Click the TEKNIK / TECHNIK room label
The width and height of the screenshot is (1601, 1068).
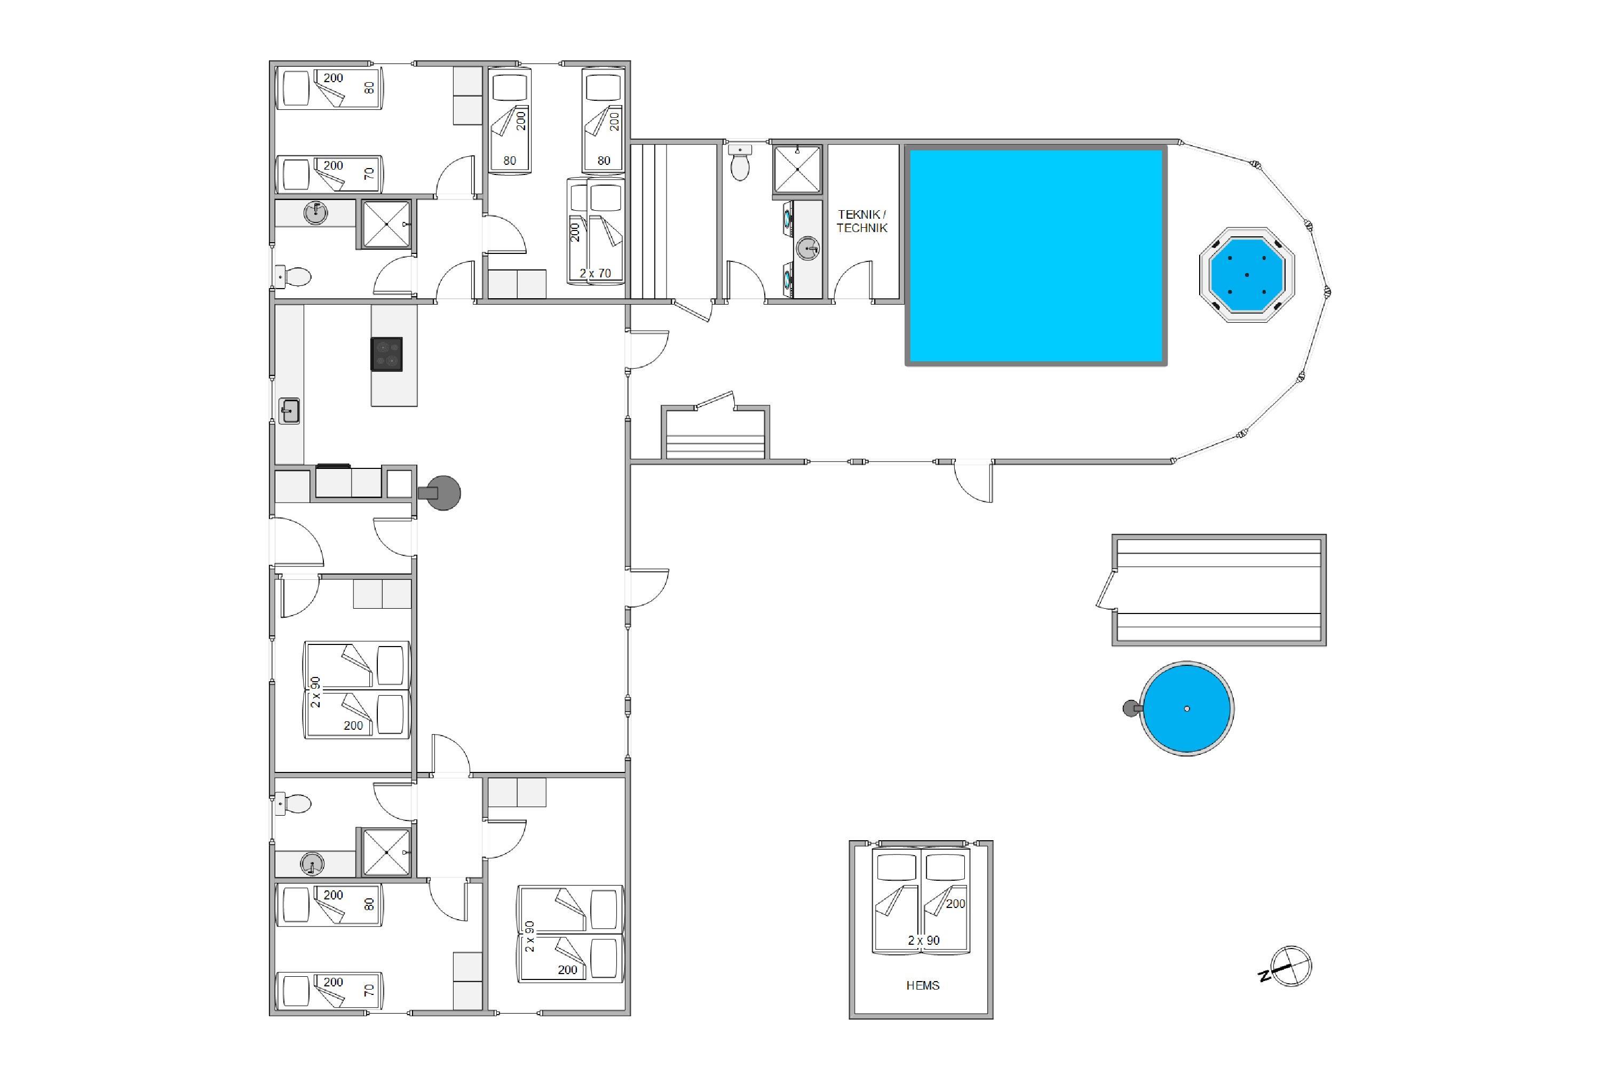tap(862, 221)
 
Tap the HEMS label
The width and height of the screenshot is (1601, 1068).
tap(923, 986)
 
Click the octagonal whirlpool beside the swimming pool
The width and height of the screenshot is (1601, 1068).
tap(1247, 275)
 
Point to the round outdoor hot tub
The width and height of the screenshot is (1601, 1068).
tap(1187, 708)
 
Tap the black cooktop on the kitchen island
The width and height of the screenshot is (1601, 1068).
tap(386, 354)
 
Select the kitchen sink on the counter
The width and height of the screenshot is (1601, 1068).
tap(290, 411)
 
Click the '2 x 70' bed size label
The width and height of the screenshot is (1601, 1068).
tap(596, 273)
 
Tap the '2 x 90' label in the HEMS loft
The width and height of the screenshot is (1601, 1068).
tap(923, 941)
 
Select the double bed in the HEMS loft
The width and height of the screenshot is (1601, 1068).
tap(921, 900)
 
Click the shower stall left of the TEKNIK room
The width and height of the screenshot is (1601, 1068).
tap(797, 169)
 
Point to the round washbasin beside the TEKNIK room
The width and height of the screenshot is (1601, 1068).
tap(807, 249)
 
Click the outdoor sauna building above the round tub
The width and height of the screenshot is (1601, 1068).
tap(1218, 590)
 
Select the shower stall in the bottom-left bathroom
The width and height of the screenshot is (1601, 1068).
tap(386, 852)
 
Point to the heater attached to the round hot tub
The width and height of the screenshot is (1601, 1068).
tap(1131, 708)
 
